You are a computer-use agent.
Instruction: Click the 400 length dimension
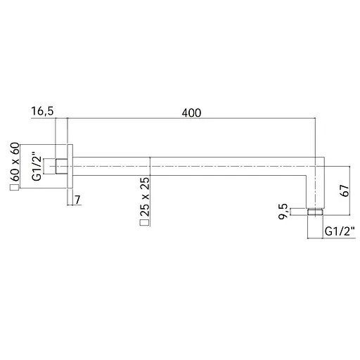pyautogui.click(x=191, y=113)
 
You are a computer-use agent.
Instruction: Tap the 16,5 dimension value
pyautogui.click(x=42, y=111)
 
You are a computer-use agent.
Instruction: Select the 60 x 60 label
pyautogui.click(x=15, y=162)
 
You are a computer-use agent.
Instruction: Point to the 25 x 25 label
pyautogui.click(x=145, y=197)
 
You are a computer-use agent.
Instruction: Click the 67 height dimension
pyautogui.click(x=345, y=191)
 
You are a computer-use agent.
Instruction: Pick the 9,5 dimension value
pyautogui.click(x=283, y=211)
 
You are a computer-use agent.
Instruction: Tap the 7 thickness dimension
pyautogui.click(x=77, y=200)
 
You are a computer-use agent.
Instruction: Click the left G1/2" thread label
pyautogui.click(x=37, y=167)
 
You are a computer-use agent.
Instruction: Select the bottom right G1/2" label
pyautogui.click(x=340, y=232)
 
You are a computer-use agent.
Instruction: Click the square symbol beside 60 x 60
pyautogui.click(x=14, y=188)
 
